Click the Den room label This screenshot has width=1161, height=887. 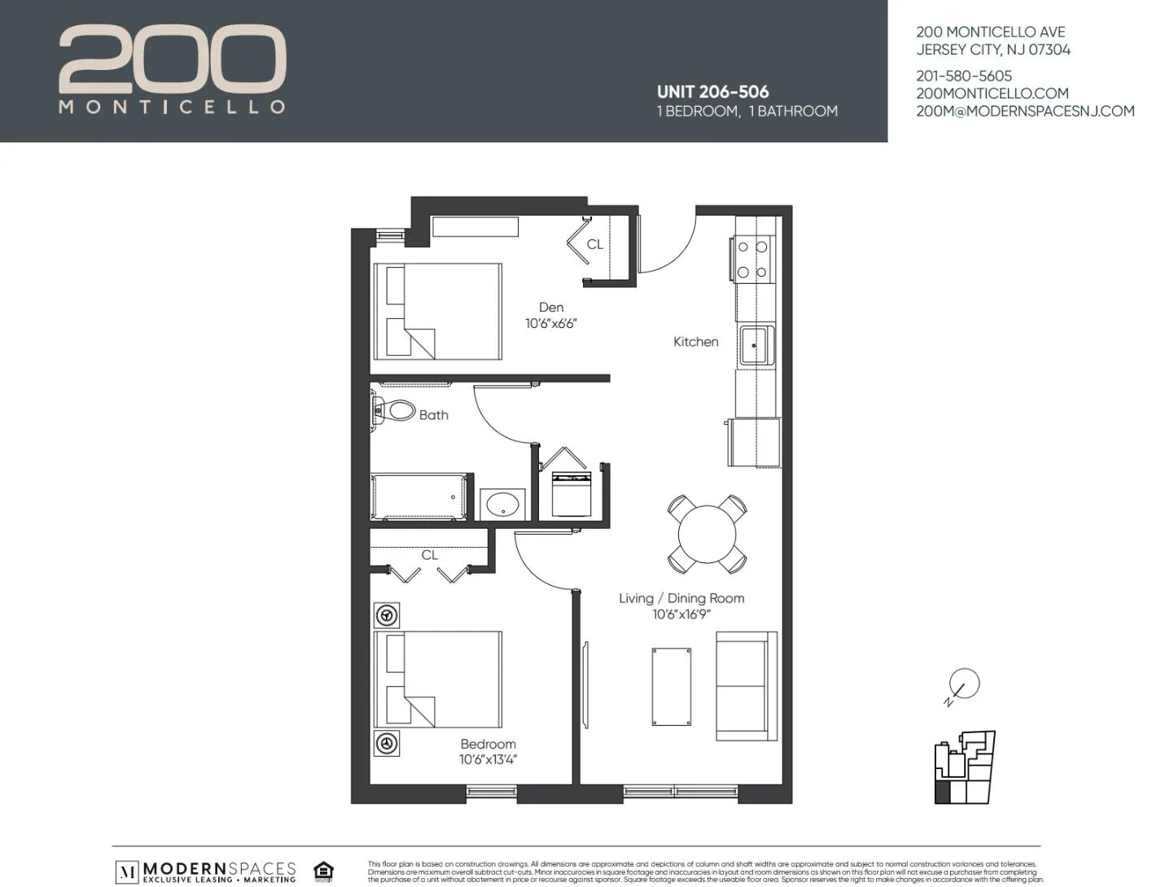[550, 308]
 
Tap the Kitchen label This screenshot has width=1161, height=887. [695, 342]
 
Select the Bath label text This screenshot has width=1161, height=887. [433, 415]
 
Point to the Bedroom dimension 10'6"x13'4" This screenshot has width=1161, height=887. [488, 760]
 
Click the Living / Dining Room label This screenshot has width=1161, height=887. [681, 598]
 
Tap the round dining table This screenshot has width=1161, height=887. [707, 534]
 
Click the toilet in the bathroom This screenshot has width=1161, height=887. [396, 410]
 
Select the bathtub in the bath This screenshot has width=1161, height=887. [420, 496]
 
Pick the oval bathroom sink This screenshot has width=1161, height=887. [502, 505]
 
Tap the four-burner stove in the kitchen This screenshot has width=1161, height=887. [752, 259]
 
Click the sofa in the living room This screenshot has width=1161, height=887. [741, 686]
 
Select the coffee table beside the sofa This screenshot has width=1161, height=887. [672, 686]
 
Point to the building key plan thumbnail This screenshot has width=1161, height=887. [965, 767]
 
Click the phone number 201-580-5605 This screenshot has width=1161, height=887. [964, 76]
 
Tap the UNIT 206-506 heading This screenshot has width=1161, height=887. [712, 92]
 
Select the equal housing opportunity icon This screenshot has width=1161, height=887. [323, 871]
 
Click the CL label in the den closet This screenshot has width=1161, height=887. [594, 244]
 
